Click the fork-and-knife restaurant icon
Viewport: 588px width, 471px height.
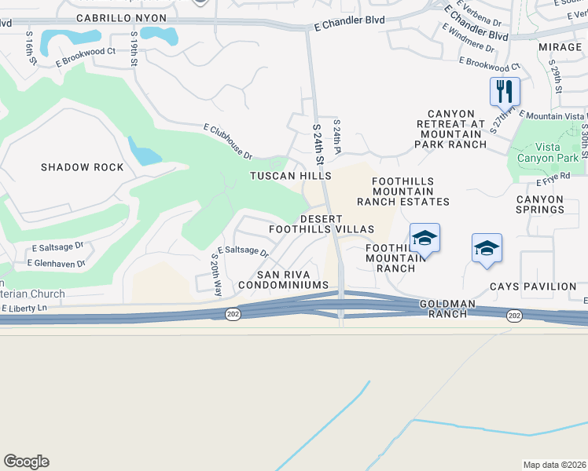tap(505, 92)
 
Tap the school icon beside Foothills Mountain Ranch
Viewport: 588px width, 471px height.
tap(424, 238)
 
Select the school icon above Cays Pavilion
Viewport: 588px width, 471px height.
tap(487, 249)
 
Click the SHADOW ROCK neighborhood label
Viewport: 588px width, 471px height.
tap(83, 167)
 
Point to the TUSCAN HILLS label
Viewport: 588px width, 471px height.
tap(290, 176)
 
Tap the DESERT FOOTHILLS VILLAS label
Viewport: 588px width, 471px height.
tap(321, 223)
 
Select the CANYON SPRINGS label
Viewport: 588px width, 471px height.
tap(539, 204)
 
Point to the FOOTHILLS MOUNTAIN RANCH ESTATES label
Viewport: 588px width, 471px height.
tap(403, 192)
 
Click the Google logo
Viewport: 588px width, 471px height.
tap(27, 461)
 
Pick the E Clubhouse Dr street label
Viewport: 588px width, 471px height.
tap(227, 140)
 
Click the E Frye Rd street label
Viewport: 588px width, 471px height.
tap(554, 179)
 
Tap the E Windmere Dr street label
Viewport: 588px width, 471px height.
tap(468, 38)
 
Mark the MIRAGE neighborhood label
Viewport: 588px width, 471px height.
tap(560, 47)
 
